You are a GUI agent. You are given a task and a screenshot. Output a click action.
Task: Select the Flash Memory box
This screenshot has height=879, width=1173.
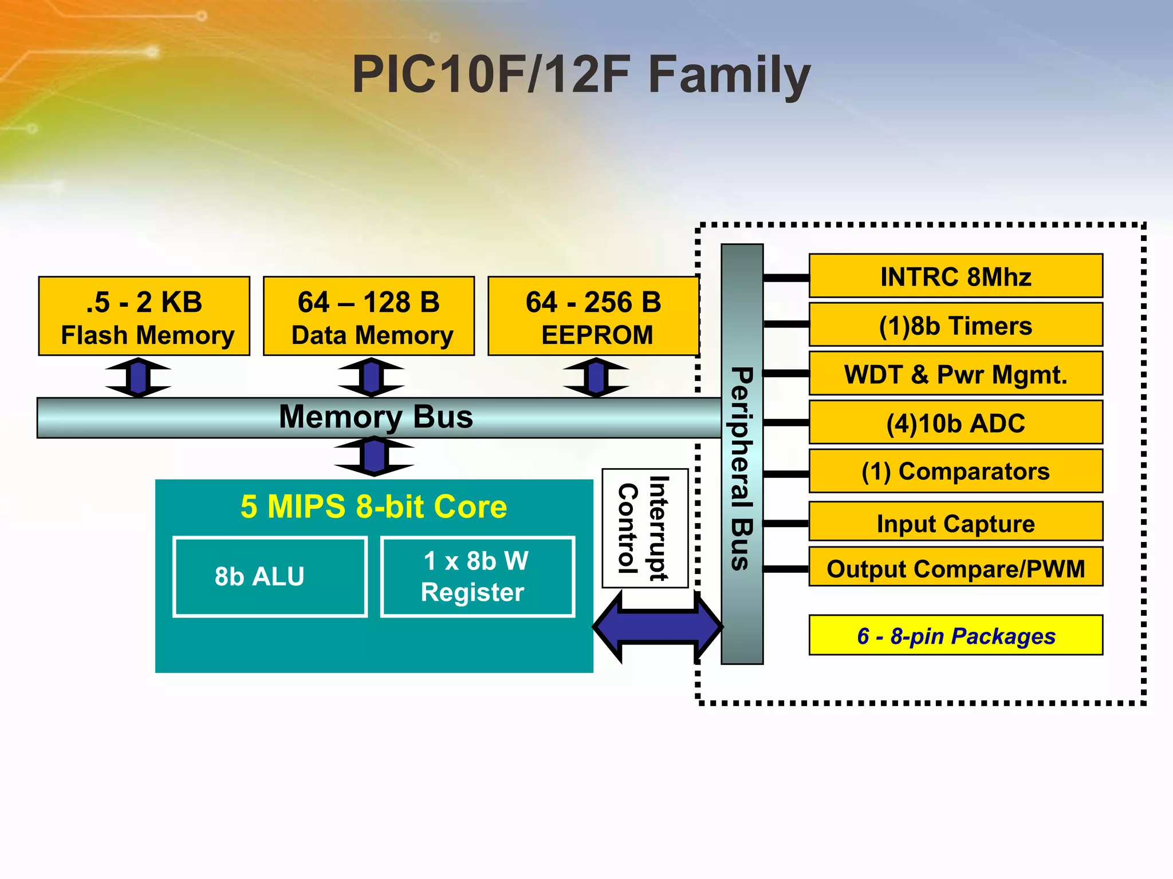pyautogui.click(x=144, y=316)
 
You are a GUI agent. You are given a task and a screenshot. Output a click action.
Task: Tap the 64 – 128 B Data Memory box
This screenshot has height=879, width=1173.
pyautogui.click(x=369, y=316)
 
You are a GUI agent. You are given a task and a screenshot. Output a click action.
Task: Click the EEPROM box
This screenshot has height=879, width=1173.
pyautogui.click(x=593, y=316)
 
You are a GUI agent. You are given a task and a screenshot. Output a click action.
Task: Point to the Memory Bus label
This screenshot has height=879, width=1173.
pyautogui.click(x=376, y=417)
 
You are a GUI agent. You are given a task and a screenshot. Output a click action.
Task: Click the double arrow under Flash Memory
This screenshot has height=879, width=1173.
pyautogui.click(x=138, y=377)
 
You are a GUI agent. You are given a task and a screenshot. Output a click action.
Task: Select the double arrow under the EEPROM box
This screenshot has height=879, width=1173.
pyautogui.click(x=596, y=377)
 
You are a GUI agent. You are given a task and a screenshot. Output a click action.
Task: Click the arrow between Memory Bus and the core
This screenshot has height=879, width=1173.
pyautogui.click(x=374, y=456)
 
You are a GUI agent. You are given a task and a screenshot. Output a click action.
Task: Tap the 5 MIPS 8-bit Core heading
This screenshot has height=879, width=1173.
pyautogui.click(x=373, y=507)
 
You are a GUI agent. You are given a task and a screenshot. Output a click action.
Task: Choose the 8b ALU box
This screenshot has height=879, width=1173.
pyautogui.click(x=270, y=577)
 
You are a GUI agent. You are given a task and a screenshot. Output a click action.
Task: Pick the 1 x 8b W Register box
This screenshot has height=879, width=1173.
pyautogui.click(x=477, y=577)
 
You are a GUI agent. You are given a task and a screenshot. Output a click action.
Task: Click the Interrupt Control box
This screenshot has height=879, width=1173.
pyautogui.click(x=645, y=528)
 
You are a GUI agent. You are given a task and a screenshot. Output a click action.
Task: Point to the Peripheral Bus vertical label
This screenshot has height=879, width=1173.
pyautogui.click(x=742, y=469)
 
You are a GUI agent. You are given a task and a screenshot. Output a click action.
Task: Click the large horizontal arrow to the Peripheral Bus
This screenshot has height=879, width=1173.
pyautogui.click(x=658, y=627)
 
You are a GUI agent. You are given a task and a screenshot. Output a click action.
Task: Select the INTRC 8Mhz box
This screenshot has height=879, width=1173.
pyautogui.click(x=955, y=276)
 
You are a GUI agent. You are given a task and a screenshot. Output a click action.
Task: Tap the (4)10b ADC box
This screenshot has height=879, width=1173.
pyautogui.click(x=955, y=423)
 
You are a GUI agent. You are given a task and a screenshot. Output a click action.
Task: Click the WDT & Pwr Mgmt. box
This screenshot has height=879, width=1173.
pyautogui.click(x=955, y=374)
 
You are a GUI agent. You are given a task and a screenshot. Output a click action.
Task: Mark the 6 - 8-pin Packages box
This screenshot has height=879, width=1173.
pyautogui.click(x=955, y=635)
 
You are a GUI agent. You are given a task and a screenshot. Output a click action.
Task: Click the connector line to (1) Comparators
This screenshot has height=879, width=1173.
pyautogui.click(x=786, y=474)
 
